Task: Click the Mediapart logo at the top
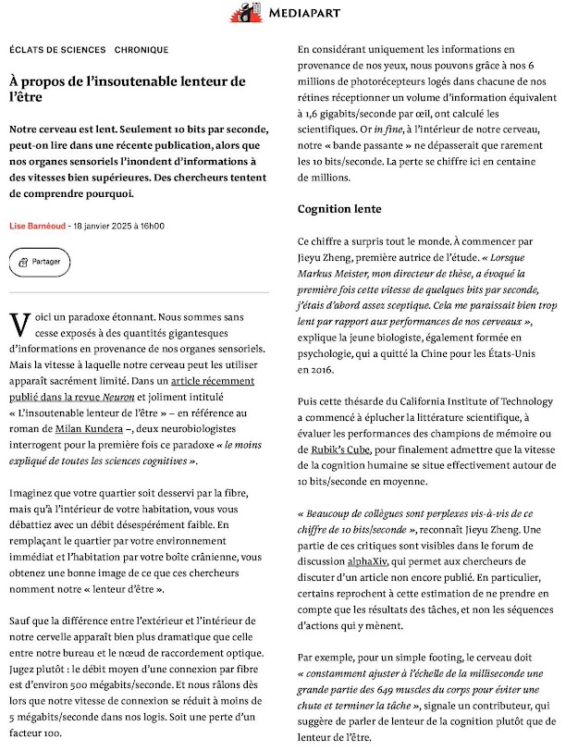[x=289, y=13]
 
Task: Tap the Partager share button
[x=39, y=262]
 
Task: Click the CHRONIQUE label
[x=142, y=49]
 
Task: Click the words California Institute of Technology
[x=472, y=401]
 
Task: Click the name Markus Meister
[x=338, y=274]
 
